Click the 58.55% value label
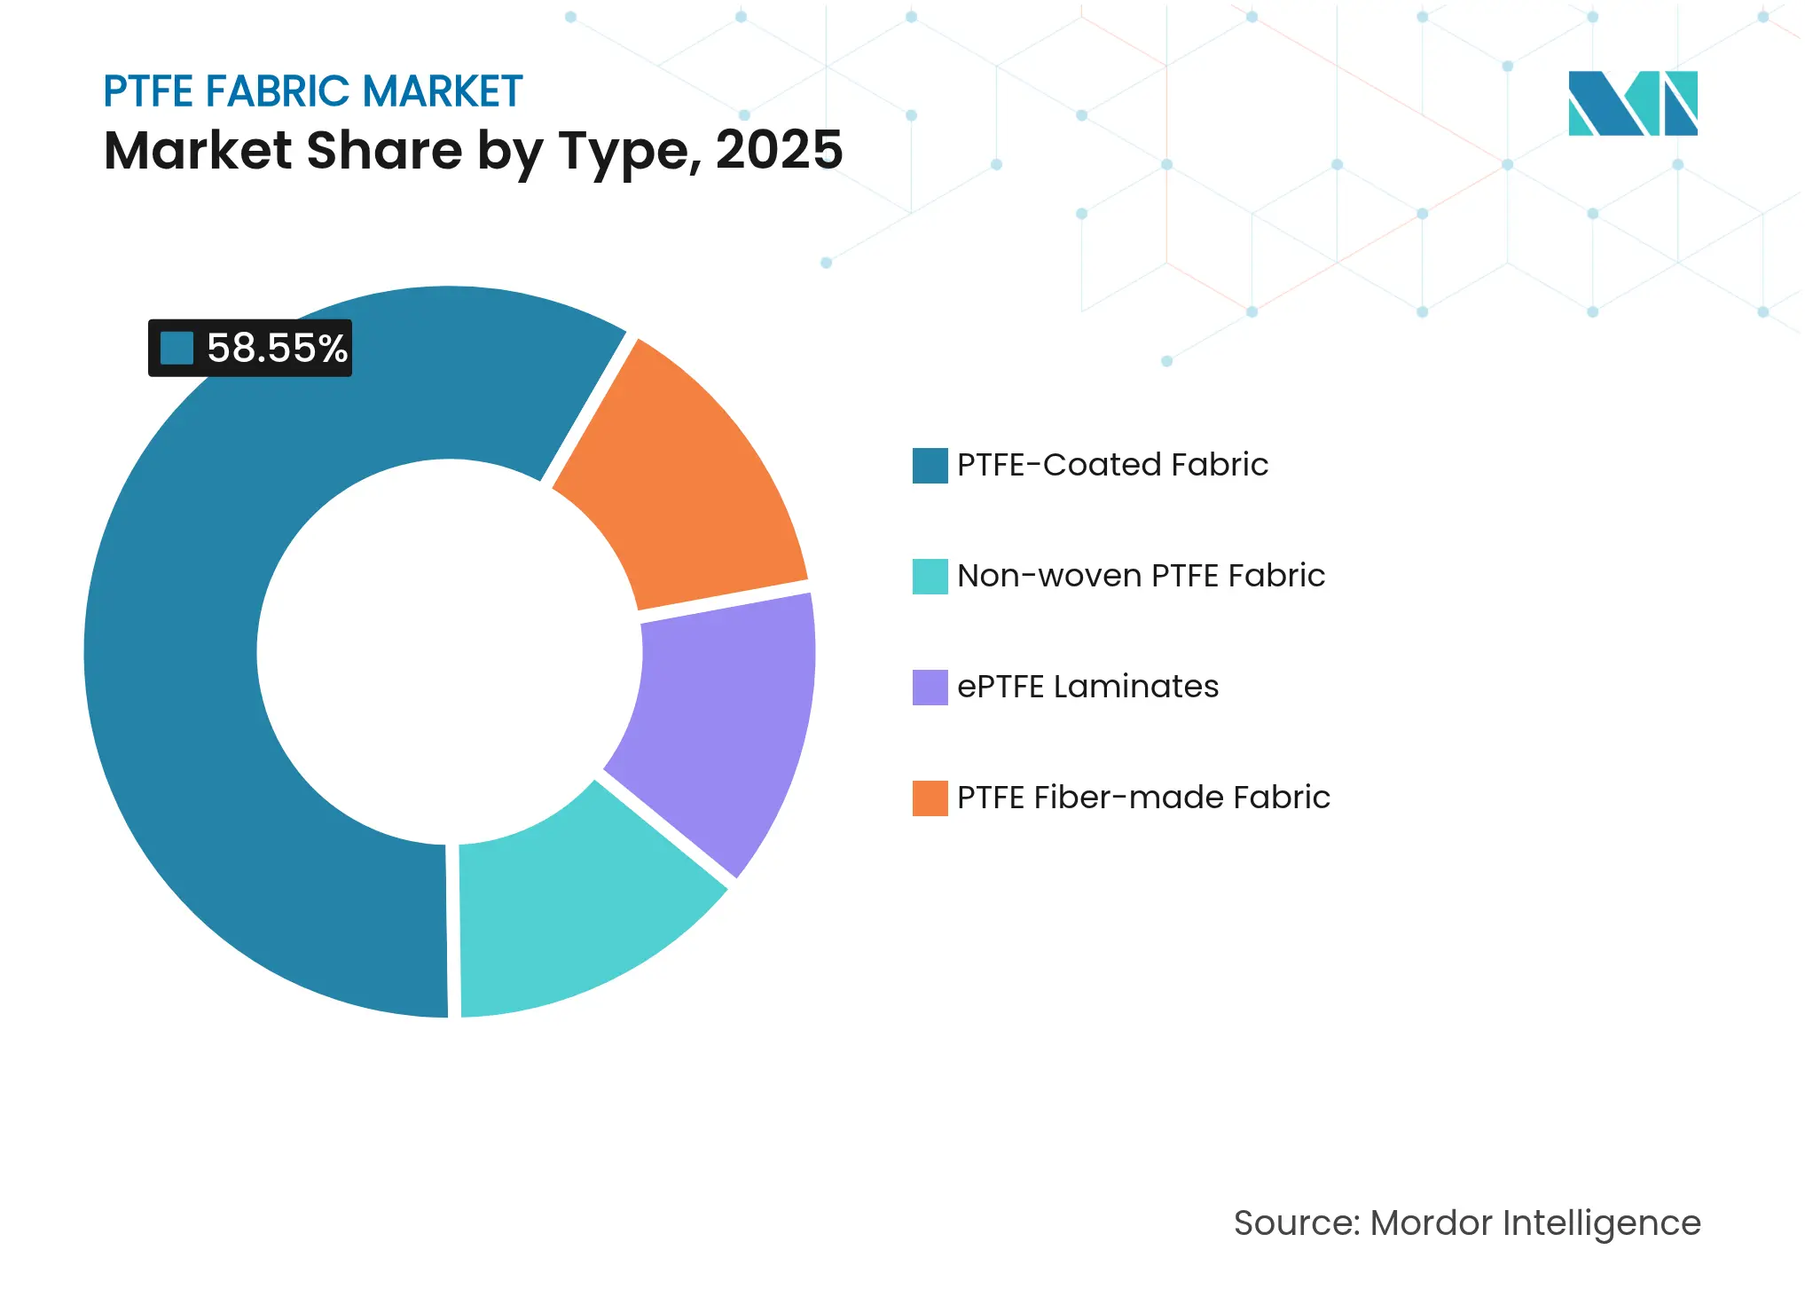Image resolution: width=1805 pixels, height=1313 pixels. coord(277,348)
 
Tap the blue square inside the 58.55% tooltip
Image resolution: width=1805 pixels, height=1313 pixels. coord(177,348)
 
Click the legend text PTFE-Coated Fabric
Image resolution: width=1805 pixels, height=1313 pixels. coord(1112,465)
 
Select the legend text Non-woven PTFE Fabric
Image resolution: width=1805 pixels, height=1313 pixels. coord(1141,576)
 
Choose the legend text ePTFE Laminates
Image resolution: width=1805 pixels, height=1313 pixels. coord(1087,687)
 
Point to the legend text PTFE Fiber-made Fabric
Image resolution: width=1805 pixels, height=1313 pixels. coord(1143,798)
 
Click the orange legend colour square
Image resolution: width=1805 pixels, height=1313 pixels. coord(930,798)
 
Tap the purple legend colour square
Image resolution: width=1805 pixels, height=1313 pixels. coord(930,687)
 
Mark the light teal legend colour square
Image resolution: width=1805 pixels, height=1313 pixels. coord(930,576)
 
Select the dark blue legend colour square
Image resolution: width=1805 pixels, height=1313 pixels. coord(930,465)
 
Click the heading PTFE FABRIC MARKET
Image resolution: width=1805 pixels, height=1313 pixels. coord(312,91)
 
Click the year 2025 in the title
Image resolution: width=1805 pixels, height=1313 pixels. coord(779,150)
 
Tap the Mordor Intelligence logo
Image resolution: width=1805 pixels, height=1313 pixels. coord(1632,103)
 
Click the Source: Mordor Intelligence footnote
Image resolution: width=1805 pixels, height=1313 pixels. coord(1467,1223)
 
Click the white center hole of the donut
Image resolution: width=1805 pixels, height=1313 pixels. coord(449,652)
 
